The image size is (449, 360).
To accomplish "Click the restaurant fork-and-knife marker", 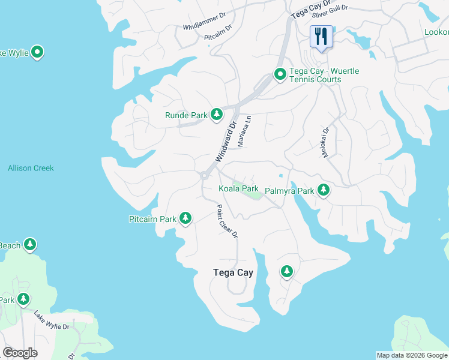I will click(321, 37).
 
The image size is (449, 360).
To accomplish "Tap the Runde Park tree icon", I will click(216, 115).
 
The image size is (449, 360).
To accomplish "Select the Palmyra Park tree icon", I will click(324, 190).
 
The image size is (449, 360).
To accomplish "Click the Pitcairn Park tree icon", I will click(185, 218).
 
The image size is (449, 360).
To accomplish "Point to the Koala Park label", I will click(238, 189).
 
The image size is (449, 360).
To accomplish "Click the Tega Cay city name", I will click(234, 272).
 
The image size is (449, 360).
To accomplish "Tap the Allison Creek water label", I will click(31, 168).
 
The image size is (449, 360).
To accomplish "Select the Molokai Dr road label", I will click(326, 142).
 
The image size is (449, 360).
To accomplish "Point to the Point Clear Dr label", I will click(228, 221).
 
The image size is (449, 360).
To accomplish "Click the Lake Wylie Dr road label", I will click(52, 321).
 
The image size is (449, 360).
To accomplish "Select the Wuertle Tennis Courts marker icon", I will click(280, 75).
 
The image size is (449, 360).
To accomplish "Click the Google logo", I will click(20, 353).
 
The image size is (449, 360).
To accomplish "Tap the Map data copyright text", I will click(412, 355).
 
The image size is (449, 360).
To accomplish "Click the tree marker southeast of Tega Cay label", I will click(287, 272).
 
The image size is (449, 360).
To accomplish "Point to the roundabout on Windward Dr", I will click(204, 176).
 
